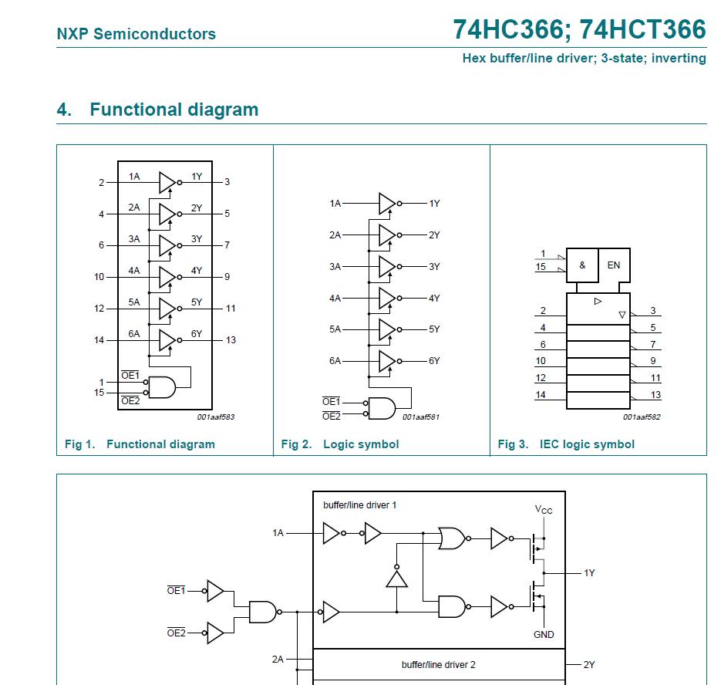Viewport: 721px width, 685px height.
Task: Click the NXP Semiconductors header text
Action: [x=136, y=34]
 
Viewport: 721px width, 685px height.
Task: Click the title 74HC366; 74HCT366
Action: [x=579, y=29]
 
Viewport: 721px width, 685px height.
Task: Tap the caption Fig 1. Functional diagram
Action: [x=140, y=444]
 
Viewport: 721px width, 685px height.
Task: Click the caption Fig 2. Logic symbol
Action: [x=340, y=444]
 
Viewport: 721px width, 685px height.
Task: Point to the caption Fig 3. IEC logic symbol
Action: [x=566, y=444]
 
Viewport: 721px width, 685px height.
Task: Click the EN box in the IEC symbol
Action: [x=614, y=265]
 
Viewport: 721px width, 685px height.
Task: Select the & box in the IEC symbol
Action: [x=582, y=265]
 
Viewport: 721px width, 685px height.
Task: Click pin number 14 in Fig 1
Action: [x=99, y=340]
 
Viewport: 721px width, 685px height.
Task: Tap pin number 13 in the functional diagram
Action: [x=231, y=340]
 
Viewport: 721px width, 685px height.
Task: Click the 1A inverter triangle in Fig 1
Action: [x=167, y=182]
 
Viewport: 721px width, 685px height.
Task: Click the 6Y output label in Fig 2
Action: [x=434, y=360]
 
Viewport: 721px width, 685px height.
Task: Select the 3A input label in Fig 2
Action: [x=335, y=266]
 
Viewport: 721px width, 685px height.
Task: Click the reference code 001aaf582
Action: [x=642, y=417]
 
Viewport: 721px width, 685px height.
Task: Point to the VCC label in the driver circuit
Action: [x=544, y=510]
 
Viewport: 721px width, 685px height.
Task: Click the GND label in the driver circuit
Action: [x=544, y=635]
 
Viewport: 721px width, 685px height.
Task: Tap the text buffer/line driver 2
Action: [x=438, y=664]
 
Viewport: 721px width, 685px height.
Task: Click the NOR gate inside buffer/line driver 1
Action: [x=452, y=538]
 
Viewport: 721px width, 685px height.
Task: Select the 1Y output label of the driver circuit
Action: [x=589, y=573]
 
